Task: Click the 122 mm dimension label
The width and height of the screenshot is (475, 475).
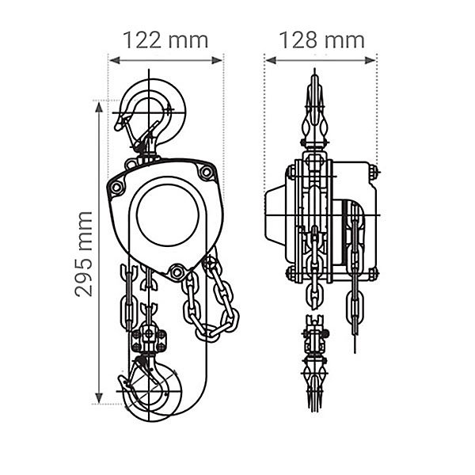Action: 165,40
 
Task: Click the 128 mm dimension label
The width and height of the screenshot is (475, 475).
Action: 321,40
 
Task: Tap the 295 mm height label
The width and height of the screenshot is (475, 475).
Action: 84,254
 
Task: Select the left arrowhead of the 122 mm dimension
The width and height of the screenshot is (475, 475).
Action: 115,61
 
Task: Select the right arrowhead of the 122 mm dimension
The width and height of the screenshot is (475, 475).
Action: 217,61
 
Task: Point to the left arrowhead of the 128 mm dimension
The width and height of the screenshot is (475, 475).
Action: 271,61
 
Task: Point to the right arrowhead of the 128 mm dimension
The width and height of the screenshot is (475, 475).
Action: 370,61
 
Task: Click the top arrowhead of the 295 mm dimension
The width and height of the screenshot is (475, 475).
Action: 99,108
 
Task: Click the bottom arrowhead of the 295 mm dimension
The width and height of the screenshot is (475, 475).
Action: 99,397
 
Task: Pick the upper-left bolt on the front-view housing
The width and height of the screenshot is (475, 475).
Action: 116,187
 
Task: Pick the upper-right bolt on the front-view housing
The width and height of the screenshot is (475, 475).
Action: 207,172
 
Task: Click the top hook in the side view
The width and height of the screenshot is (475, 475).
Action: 314,109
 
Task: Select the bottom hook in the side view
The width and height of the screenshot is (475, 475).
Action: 314,385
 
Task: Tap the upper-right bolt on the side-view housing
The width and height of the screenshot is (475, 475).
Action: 373,172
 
